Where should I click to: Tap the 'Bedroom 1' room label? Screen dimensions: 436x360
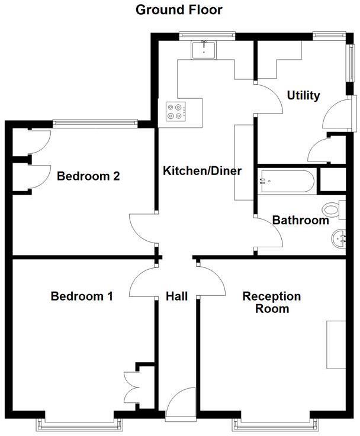[x=82, y=296]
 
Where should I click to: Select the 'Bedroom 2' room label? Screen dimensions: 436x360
[x=88, y=176]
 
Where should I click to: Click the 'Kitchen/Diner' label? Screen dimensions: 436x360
[x=202, y=172]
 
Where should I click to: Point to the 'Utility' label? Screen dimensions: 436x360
[x=303, y=95]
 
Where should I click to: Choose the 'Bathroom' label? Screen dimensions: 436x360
[x=300, y=221]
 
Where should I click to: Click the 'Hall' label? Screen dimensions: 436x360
[x=176, y=296]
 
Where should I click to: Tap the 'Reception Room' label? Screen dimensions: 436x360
[x=272, y=302]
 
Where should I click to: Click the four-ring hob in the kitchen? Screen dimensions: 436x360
[x=176, y=111]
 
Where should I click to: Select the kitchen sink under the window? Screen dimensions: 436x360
[x=204, y=50]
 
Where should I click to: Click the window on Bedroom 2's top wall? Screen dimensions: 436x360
[x=95, y=123]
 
